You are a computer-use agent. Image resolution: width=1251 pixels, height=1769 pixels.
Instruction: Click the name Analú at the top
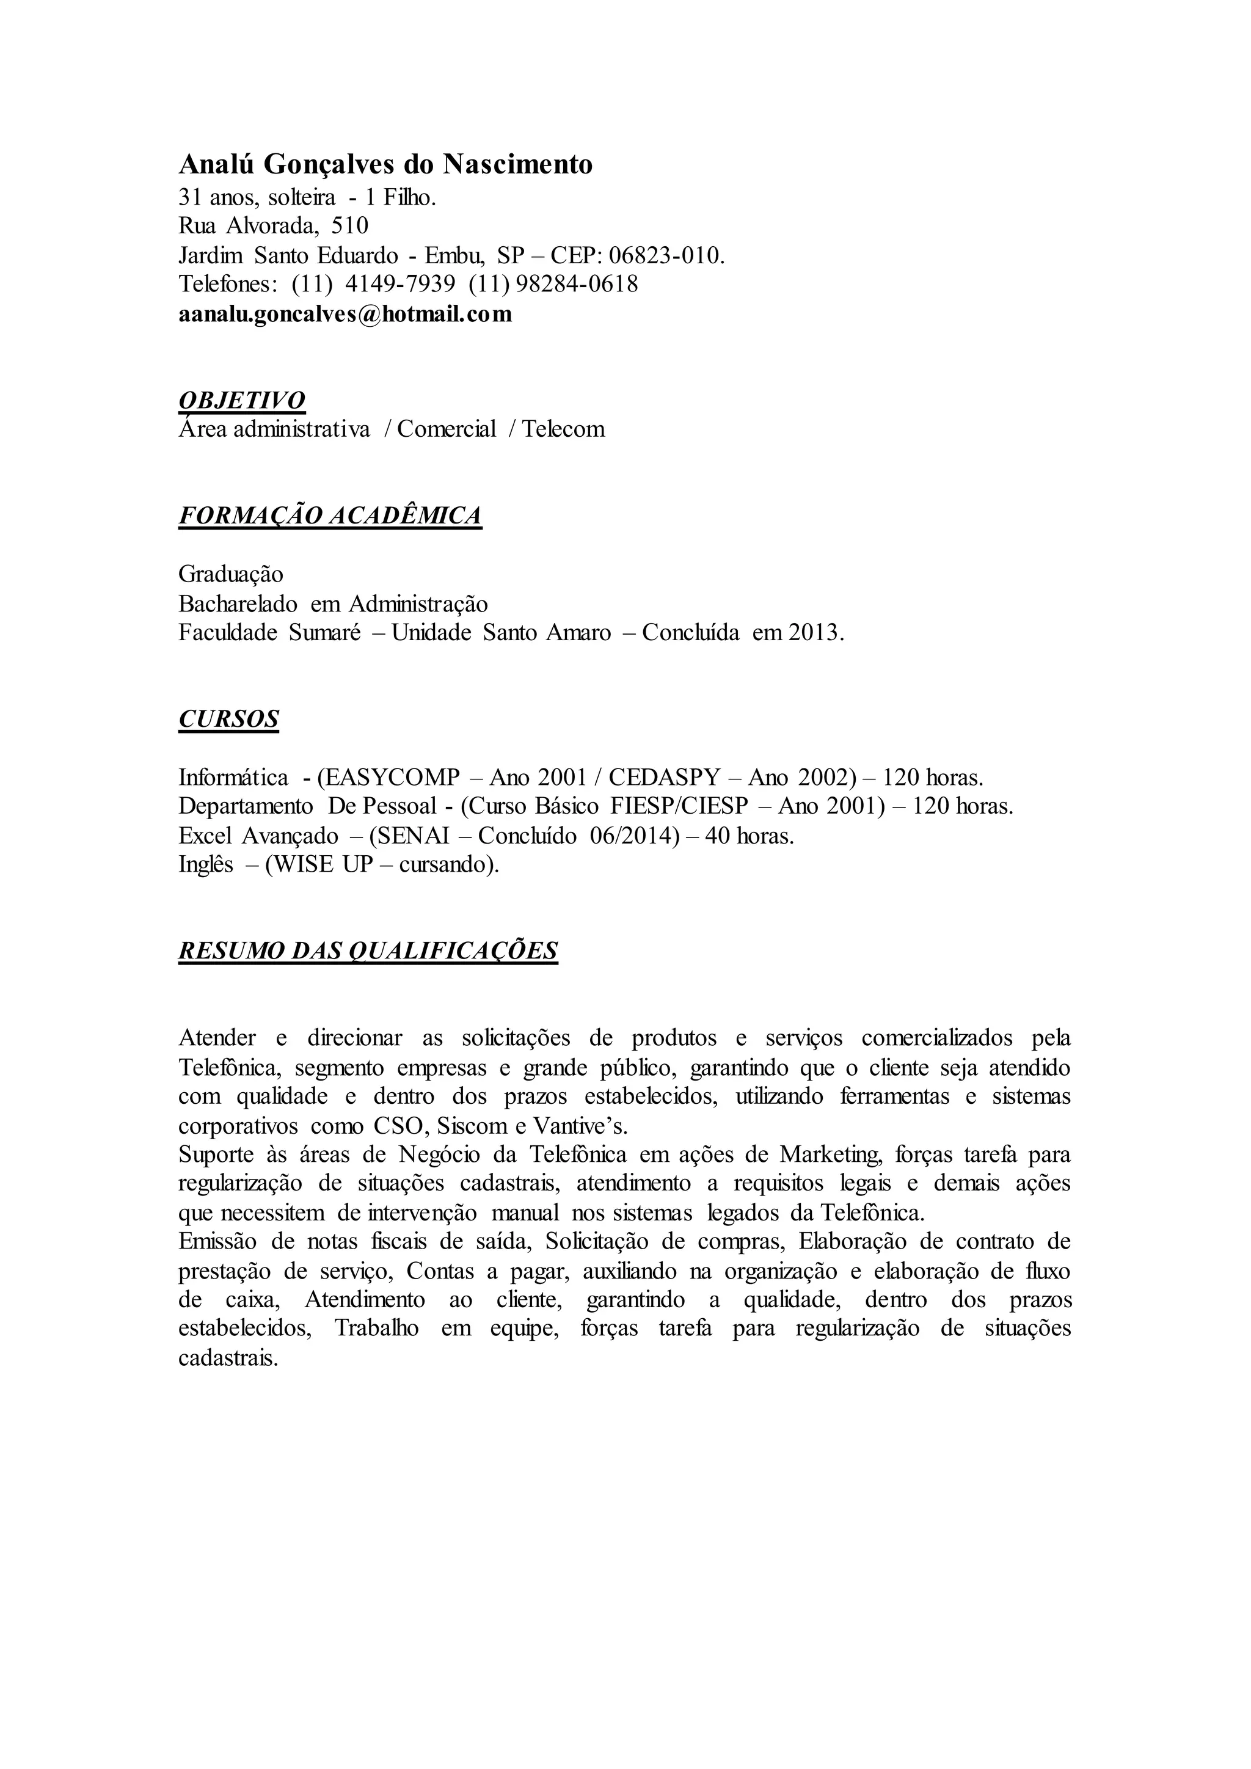pos(218,165)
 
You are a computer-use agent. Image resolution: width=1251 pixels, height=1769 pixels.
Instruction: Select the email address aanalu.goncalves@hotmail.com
pos(345,315)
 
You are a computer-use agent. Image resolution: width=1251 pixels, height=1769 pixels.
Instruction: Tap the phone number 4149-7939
pos(400,284)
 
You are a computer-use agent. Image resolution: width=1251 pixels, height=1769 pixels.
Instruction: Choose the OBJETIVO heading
pos(242,400)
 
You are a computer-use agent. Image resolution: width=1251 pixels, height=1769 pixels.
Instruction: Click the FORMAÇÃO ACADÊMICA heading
pos(330,516)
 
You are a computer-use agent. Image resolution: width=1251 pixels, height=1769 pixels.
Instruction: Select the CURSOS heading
pos(229,719)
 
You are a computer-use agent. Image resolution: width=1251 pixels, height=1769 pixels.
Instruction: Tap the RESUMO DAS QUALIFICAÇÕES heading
pos(368,950)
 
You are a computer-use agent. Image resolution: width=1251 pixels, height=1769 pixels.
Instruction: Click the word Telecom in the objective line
pos(563,429)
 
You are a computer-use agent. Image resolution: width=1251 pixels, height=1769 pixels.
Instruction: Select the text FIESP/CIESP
pos(679,806)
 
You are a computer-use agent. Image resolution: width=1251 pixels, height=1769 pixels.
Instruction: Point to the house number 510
pos(350,226)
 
